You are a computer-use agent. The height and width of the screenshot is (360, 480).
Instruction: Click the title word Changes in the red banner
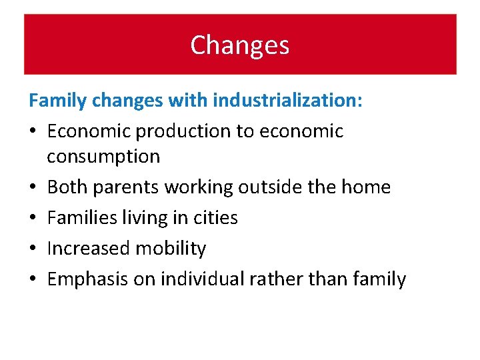click(x=240, y=45)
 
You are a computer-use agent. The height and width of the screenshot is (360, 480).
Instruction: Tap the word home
click(x=365, y=187)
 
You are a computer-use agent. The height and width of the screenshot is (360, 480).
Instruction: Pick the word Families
click(x=81, y=218)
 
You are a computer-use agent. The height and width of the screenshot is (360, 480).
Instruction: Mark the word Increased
click(x=89, y=249)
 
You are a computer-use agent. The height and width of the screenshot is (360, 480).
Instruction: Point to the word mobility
click(x=171, y=249)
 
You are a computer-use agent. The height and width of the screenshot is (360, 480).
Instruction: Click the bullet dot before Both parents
click(x=33, y=188)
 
